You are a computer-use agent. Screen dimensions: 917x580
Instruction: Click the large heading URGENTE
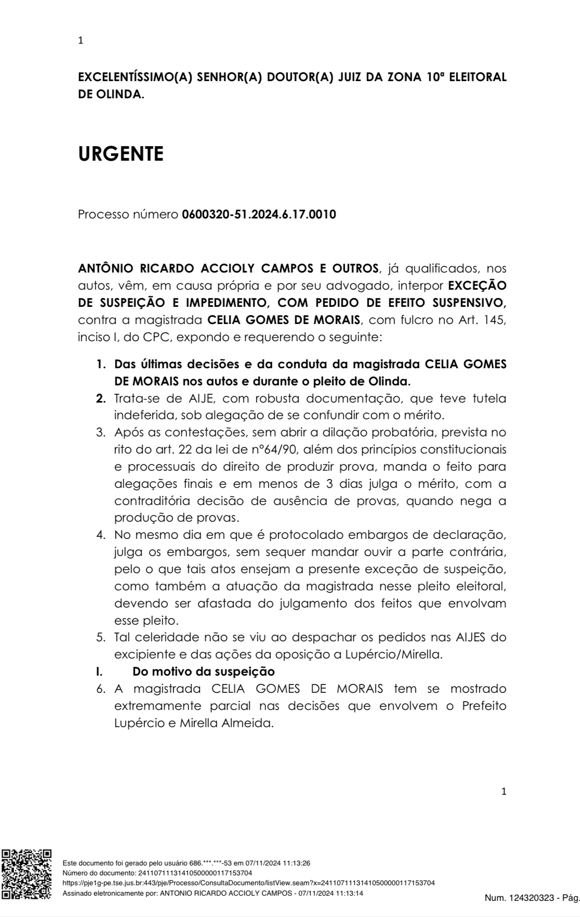121,154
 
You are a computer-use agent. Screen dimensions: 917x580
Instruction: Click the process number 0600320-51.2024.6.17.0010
259,214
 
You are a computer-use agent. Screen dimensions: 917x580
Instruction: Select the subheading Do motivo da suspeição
204,671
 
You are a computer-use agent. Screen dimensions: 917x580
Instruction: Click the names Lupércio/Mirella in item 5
394,654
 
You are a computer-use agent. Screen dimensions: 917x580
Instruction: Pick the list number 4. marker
101,535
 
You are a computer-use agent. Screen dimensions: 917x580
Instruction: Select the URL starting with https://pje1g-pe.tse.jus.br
248,883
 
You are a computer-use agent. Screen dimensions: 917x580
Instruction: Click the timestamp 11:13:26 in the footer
298,863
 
